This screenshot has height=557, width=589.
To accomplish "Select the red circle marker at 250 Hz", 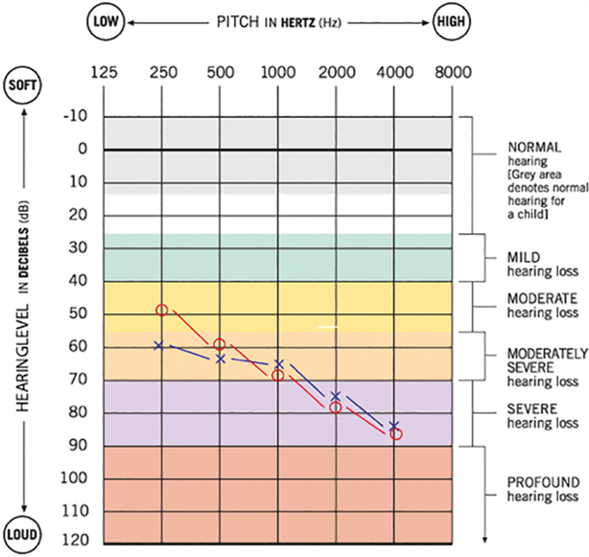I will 162,310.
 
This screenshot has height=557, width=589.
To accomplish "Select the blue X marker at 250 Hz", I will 158,345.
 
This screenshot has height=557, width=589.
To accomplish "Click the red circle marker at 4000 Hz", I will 396,434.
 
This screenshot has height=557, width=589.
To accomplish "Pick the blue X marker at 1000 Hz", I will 279,364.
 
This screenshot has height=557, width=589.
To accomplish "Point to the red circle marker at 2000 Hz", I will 336,407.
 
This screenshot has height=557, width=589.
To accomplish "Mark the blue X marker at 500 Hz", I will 220,358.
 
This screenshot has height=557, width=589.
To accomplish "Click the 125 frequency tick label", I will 104,73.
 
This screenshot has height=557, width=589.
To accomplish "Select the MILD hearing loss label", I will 523,257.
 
